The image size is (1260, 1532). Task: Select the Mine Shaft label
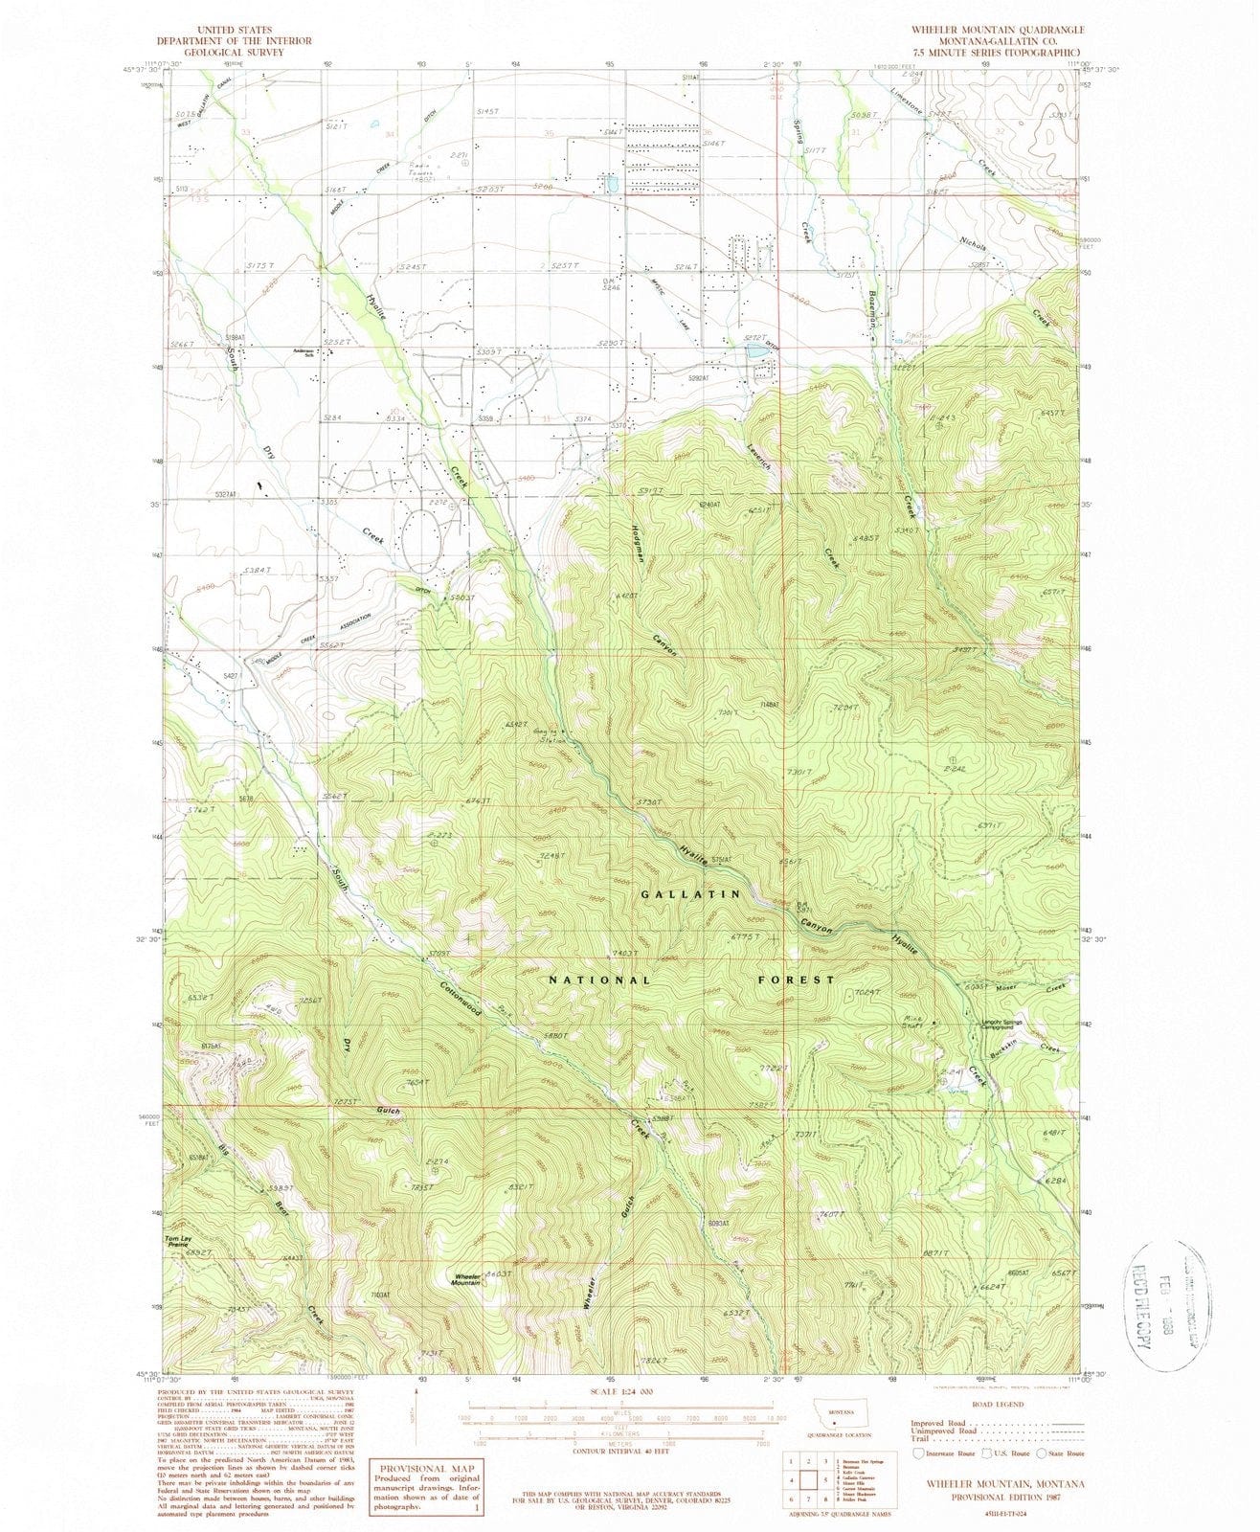tap(912, 1023)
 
